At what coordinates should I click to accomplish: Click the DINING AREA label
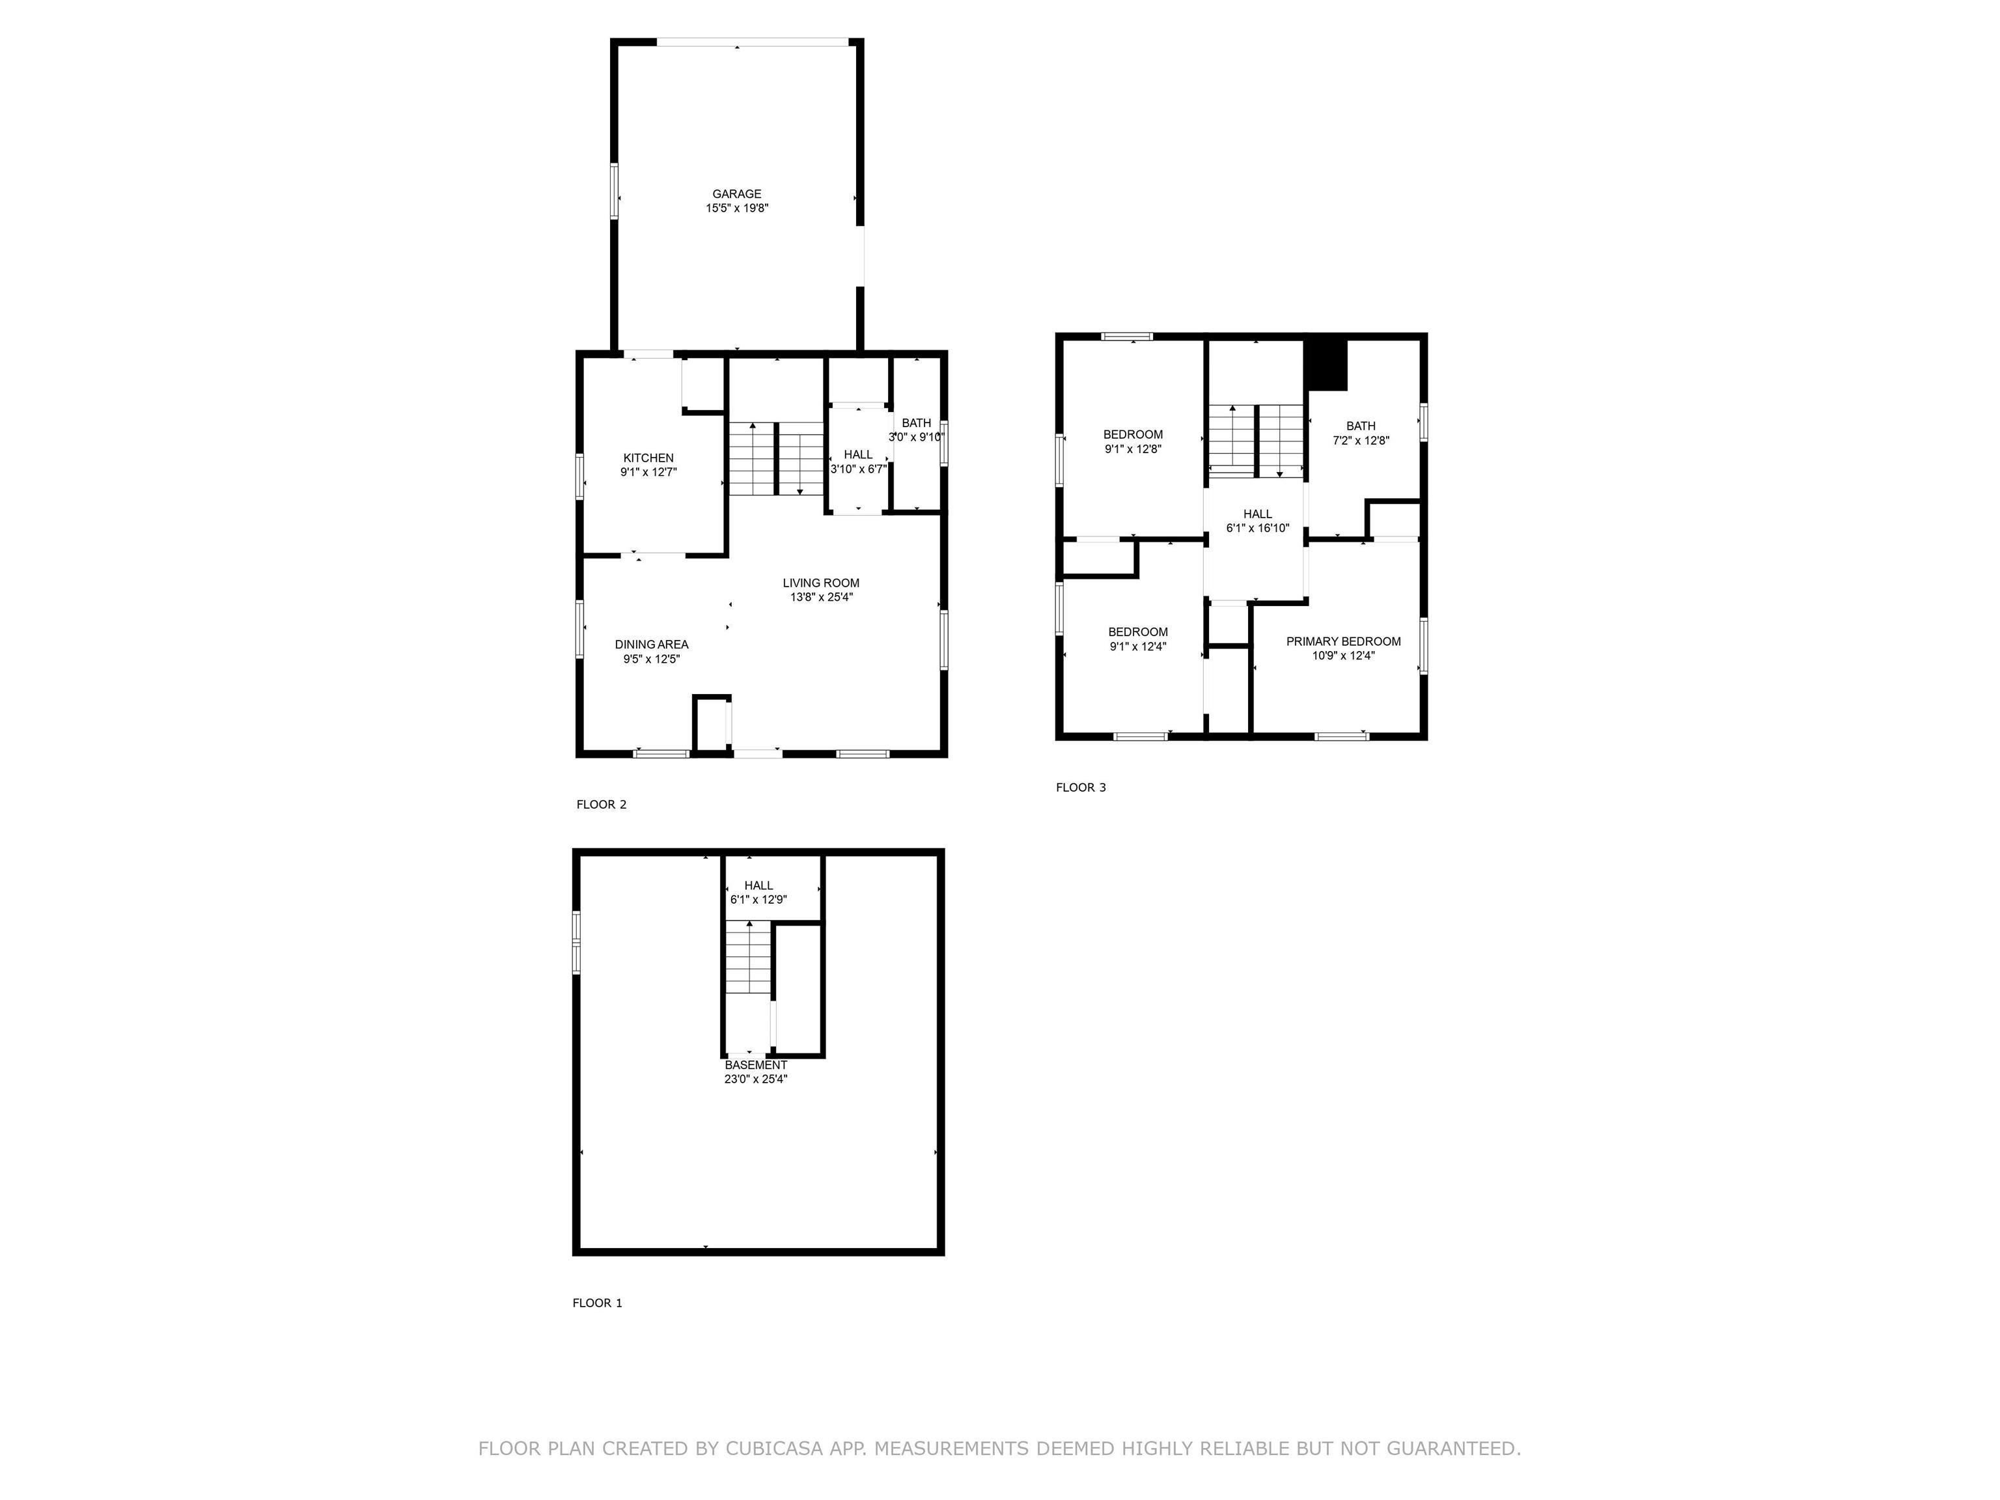pos(651,645)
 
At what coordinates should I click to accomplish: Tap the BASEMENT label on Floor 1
pos(755,1065)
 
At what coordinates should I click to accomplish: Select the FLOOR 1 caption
pos(597,1303)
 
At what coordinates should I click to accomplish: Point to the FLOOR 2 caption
pos(602,805)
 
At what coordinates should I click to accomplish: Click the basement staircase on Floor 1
pos(749,958)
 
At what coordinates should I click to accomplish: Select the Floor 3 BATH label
pos(1360,426)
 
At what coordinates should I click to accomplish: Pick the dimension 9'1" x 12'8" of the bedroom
pos(1132,449)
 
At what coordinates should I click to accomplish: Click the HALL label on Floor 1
pos(758,885)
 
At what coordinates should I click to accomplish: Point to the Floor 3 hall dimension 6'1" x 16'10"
pos(1257,528)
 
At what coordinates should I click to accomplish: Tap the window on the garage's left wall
pos(615,191)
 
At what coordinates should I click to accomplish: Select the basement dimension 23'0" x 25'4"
pos(755,1079)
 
